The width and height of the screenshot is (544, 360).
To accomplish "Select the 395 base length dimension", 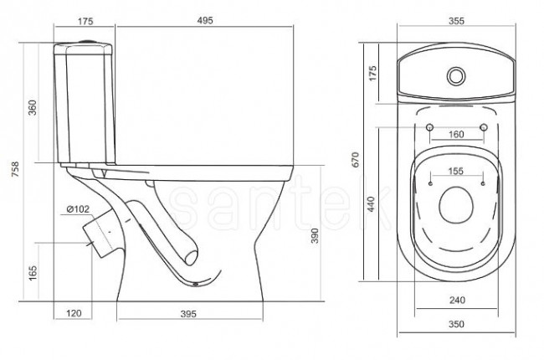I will [192, 314].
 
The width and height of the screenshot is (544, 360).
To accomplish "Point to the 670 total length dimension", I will [357, 160].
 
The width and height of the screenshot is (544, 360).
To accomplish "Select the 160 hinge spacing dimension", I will [456, 134].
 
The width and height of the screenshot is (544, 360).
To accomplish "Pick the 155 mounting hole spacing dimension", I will [456, 171].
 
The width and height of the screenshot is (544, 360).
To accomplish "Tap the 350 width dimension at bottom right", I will [456, 322].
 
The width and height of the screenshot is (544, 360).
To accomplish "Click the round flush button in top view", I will [457, 75].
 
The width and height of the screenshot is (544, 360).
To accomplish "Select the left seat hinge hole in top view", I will [429, 127].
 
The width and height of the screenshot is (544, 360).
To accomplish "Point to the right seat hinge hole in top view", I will [484, 127].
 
